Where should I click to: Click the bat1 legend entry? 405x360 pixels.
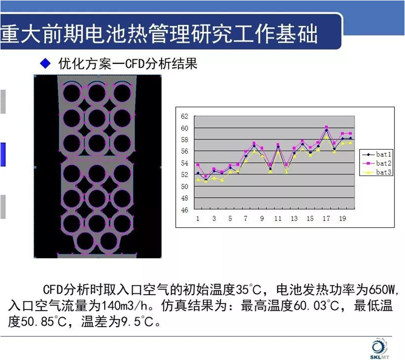pyautogui.click(x=377, y=155)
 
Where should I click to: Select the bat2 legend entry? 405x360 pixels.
pyautogui.click(x=377, y=163)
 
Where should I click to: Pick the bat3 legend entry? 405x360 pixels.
pyautogui.click(x=377, y=172)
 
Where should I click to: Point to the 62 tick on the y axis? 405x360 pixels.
pyautogui.click(x=184, y=116)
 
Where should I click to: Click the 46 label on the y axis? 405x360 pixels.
pyautogui.click(x=184, y=210)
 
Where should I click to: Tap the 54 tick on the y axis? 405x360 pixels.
pyautogui.click(x=184, y=163)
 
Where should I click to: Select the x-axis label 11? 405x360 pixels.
pyautogui.click(x=278, y=218)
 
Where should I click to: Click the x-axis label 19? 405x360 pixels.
pyautogui.click(x=343, y=218)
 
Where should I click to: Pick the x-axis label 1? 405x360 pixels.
pyautogui.click(x=198, y=218)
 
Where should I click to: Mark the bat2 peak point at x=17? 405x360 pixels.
pyautogui.click(x=326, y=127)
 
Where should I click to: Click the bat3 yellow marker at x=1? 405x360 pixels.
pyautogui.click(x=198, y=180)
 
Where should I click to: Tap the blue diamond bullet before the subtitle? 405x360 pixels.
pyautogui.click(x=45, y=63)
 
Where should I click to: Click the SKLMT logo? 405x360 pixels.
pyautogui.click(x=380, y=349)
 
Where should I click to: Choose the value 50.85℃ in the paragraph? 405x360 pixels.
pyautogui.click(x=43, y=322)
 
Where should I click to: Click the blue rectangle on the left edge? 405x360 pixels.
pyautogui.click(x=3, y=155)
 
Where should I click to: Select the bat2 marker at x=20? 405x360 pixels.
pyautogui.click(x=350, y=134)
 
